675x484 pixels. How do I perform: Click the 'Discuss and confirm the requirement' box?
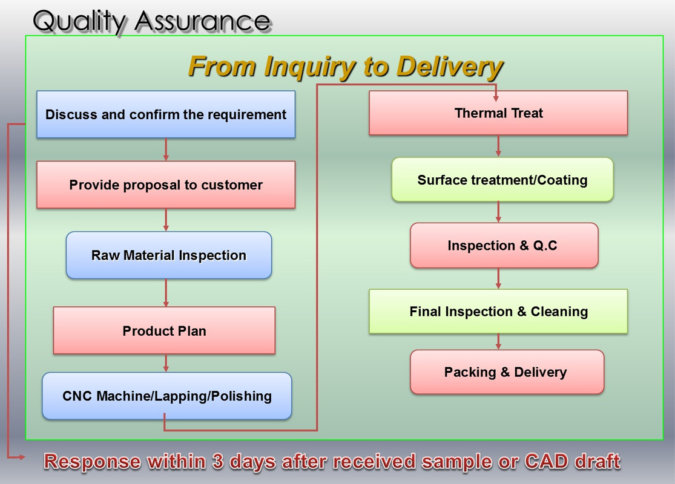[166, 114]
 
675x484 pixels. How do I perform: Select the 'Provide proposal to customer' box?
[166, 185]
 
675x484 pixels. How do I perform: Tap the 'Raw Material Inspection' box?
[169, 255]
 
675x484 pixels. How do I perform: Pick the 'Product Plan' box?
[164, 330]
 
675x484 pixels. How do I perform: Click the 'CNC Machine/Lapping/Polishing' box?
[167, 396]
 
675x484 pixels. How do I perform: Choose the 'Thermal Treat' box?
[498, 113]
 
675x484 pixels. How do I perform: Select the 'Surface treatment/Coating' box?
[502, 180]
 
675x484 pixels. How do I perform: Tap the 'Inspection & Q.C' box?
[504, 245]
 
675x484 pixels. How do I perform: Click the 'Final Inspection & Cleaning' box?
[498, 312]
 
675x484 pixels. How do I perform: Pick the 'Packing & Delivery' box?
[507, 372]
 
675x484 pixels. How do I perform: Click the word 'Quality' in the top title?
[79, 22]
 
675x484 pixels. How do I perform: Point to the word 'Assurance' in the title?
[202, 21]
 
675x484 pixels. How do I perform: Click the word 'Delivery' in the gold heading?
[449, 67]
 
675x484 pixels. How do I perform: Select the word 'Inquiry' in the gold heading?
[309, 68]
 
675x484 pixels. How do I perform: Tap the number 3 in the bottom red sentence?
[218, 462]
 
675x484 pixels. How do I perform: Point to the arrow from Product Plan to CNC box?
[166, 363]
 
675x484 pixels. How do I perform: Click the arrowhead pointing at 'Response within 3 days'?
[22, 457]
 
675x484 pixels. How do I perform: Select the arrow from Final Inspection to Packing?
[498, 342]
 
